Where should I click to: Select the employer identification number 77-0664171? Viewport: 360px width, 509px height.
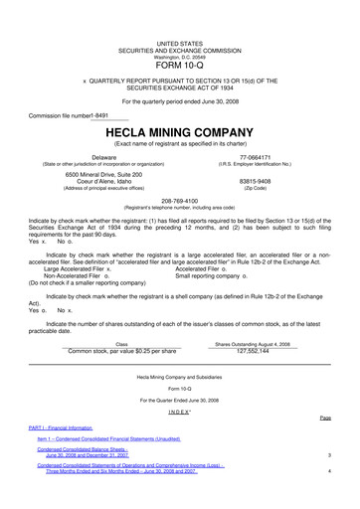(x=255, y=158)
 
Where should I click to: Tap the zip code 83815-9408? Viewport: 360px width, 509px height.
(x=255, y=181)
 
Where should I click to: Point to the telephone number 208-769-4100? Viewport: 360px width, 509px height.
(x=179, y=198)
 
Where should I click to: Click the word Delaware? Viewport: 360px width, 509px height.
(x=104, y=158)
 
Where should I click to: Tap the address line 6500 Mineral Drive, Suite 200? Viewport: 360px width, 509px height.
(x=104, y=174)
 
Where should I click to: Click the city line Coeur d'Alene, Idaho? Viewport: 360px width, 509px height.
(x=104, y=181)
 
